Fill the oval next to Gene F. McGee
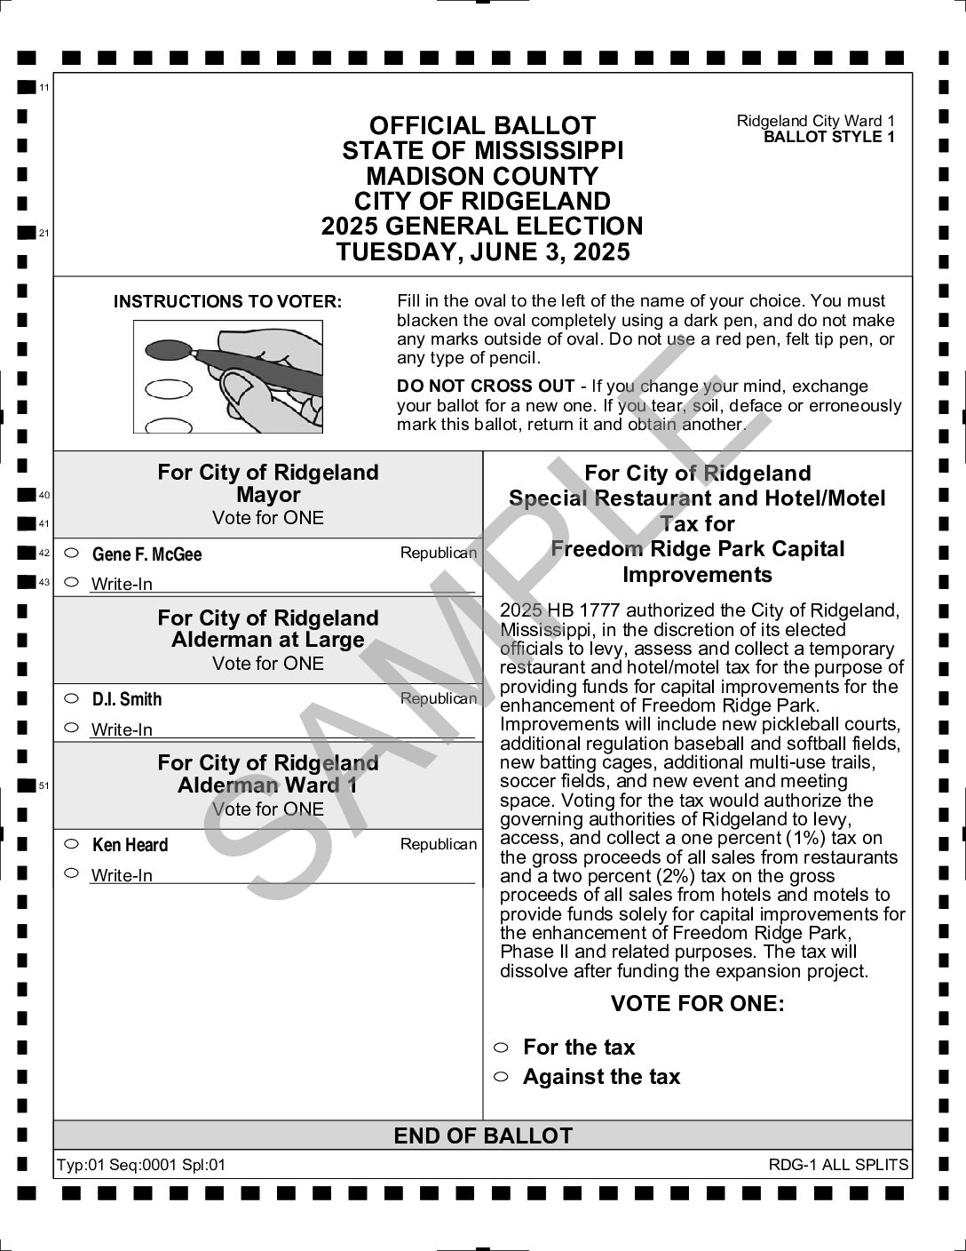click(x=73, y=553)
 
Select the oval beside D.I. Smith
click(x=73, y=697)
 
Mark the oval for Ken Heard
click(x=73, y=843)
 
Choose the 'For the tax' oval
click(x=501, y=1047)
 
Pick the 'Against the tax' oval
click(x=501, y=1076)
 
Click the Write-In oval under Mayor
click(x=73, y=583)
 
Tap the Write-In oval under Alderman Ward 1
click(x=73, y=873)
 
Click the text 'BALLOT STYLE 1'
click(x=828, y=137)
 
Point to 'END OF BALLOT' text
click(x=483, y=1135)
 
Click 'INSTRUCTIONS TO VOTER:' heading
click(x=227, y=302)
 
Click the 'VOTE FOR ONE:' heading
click(x=697, y=1004)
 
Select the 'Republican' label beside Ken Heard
click(x=438, y=844)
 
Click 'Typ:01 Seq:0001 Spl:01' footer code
click(x=141, y=1165)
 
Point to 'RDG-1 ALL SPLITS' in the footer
click(x=838, y=1165)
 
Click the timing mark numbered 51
click(x=25, y=785)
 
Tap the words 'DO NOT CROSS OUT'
click(x=485, y=386)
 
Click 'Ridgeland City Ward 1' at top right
click(x=815, y=121)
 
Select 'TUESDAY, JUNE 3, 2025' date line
click(x=483, y=252)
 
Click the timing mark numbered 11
click(x=25, y=87)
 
